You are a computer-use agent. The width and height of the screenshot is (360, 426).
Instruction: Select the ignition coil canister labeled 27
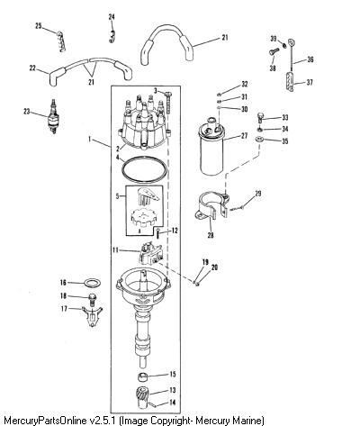coord(212,147)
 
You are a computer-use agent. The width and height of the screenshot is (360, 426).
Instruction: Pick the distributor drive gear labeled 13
coord(142,396)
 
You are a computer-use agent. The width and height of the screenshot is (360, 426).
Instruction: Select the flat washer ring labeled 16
coord(92,283)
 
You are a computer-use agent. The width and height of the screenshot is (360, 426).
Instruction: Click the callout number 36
coord(310,59)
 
